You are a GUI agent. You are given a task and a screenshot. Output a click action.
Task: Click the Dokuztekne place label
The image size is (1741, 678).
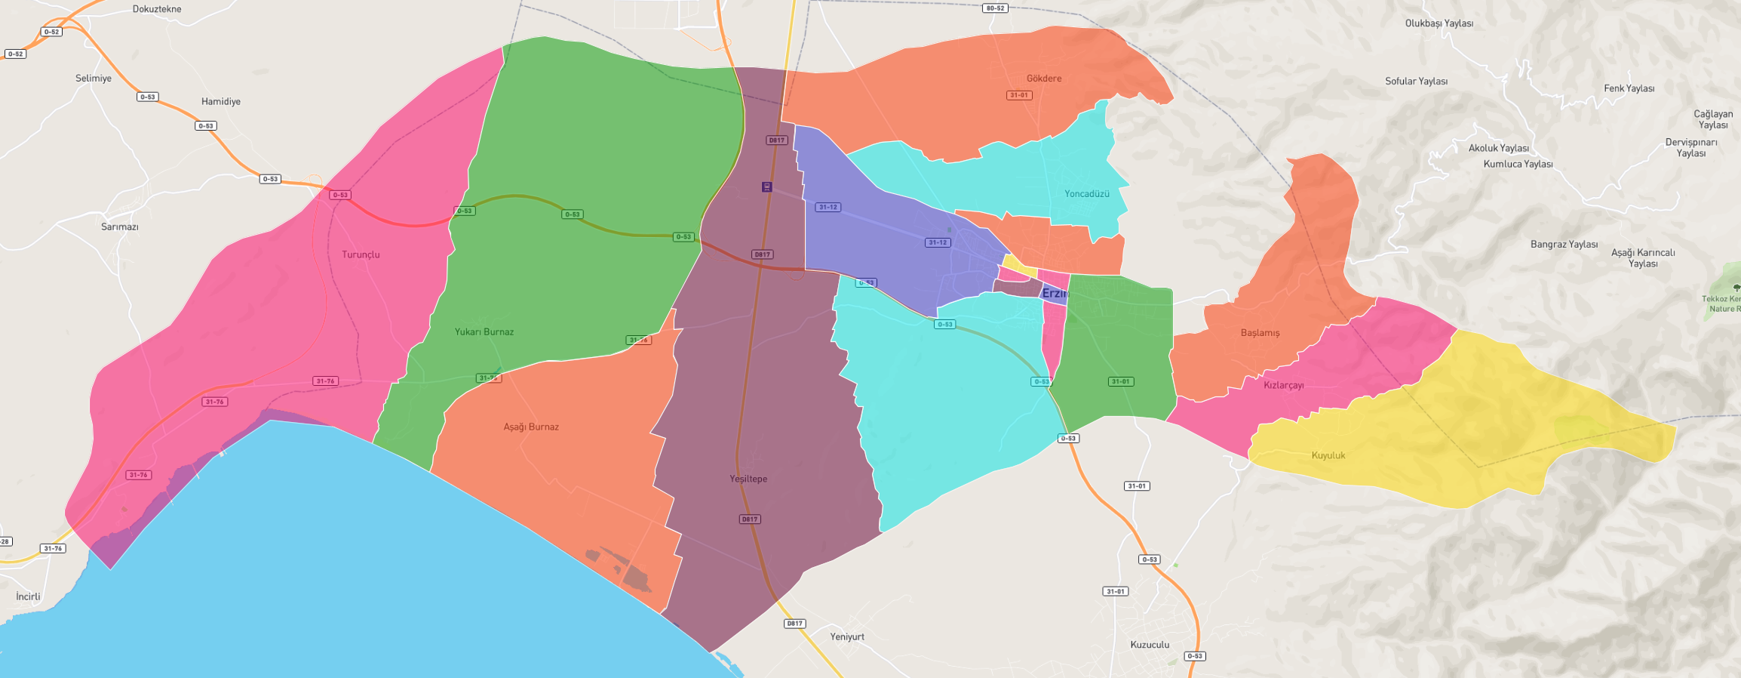[157, 9]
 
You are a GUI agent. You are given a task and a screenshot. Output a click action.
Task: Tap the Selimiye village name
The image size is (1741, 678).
[94, 79]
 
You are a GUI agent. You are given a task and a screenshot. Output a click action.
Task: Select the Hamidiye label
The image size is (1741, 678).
[221, 102]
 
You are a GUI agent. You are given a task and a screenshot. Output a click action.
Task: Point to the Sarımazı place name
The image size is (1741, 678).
[120, 227]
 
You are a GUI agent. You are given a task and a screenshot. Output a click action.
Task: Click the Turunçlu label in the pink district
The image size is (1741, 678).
[361, 254]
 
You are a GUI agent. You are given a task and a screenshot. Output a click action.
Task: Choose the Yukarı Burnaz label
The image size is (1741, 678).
[484, 332]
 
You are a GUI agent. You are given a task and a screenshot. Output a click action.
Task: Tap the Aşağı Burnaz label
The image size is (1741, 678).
[531, 427]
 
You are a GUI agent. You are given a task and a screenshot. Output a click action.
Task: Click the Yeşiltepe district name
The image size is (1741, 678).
[748, 479]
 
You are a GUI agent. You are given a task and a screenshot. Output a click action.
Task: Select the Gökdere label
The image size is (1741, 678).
[1044, 79]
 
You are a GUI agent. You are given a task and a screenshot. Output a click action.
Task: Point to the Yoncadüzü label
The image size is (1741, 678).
[1087, 194]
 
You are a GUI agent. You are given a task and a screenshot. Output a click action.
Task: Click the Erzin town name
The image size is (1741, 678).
[1055, 294]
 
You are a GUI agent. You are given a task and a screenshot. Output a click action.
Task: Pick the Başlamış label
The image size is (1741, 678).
[1260, 333]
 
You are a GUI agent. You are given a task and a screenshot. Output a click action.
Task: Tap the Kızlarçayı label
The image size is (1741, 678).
[1284, 385]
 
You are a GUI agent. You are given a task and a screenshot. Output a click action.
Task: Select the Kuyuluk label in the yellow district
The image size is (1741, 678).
[1328, 455]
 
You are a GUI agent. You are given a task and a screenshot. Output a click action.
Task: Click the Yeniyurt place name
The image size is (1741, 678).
[847, 636]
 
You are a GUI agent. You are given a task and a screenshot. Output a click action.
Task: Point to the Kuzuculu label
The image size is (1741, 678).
[1150, 645]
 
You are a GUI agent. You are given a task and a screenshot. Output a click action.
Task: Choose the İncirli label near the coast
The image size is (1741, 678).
[29, 596]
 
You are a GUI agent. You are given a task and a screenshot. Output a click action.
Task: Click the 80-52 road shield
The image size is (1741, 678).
[995, 8]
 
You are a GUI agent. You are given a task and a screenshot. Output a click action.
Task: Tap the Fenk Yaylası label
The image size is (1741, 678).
[1629, 88]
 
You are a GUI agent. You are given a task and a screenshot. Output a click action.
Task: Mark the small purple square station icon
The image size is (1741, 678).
[766, 186]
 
